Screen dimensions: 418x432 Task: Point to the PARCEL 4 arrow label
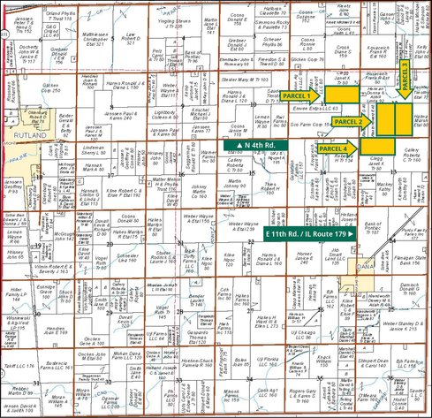click(335, 148)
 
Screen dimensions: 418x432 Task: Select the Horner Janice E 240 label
click(307, 256)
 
